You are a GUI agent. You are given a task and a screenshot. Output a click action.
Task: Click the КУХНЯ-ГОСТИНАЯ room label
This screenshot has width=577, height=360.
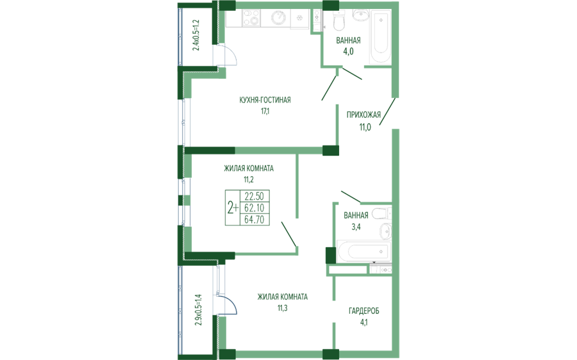click(265, 100)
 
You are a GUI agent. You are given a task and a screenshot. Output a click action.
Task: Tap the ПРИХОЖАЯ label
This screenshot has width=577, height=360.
click(364, 115)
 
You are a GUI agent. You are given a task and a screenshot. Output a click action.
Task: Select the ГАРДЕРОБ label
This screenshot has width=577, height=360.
click(364, 311)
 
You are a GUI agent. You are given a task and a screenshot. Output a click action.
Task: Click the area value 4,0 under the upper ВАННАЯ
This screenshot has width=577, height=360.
click(348, 52)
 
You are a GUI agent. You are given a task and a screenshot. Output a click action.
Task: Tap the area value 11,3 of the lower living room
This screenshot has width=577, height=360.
click(282, 308)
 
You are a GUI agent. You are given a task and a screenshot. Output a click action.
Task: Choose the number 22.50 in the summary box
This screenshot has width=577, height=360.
click(255, 196)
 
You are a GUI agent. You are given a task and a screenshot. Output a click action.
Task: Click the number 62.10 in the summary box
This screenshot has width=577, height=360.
click(255, 208)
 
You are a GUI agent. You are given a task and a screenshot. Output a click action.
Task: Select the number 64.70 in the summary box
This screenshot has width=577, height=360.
click(255, 220)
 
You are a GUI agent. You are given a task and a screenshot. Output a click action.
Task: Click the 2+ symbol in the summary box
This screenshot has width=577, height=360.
click(233, 208)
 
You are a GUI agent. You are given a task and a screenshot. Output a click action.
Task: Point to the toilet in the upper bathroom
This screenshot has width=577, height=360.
click(339, 22)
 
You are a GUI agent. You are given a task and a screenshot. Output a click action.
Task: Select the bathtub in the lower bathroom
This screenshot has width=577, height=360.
click(362, 251)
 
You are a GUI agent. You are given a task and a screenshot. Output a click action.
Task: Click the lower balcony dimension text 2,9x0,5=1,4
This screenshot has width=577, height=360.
click(198, 310)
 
